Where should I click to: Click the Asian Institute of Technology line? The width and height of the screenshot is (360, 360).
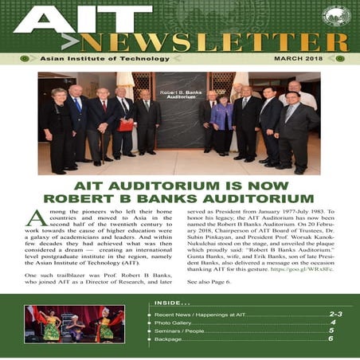tap(80, 58)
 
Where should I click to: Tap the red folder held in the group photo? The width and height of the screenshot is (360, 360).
tap(125, 125)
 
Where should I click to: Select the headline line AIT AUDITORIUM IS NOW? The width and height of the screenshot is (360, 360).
tap(179, 184)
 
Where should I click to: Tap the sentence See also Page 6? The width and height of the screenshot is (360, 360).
tap(209, 282)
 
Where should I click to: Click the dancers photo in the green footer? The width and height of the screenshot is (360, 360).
tap(75, 324)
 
